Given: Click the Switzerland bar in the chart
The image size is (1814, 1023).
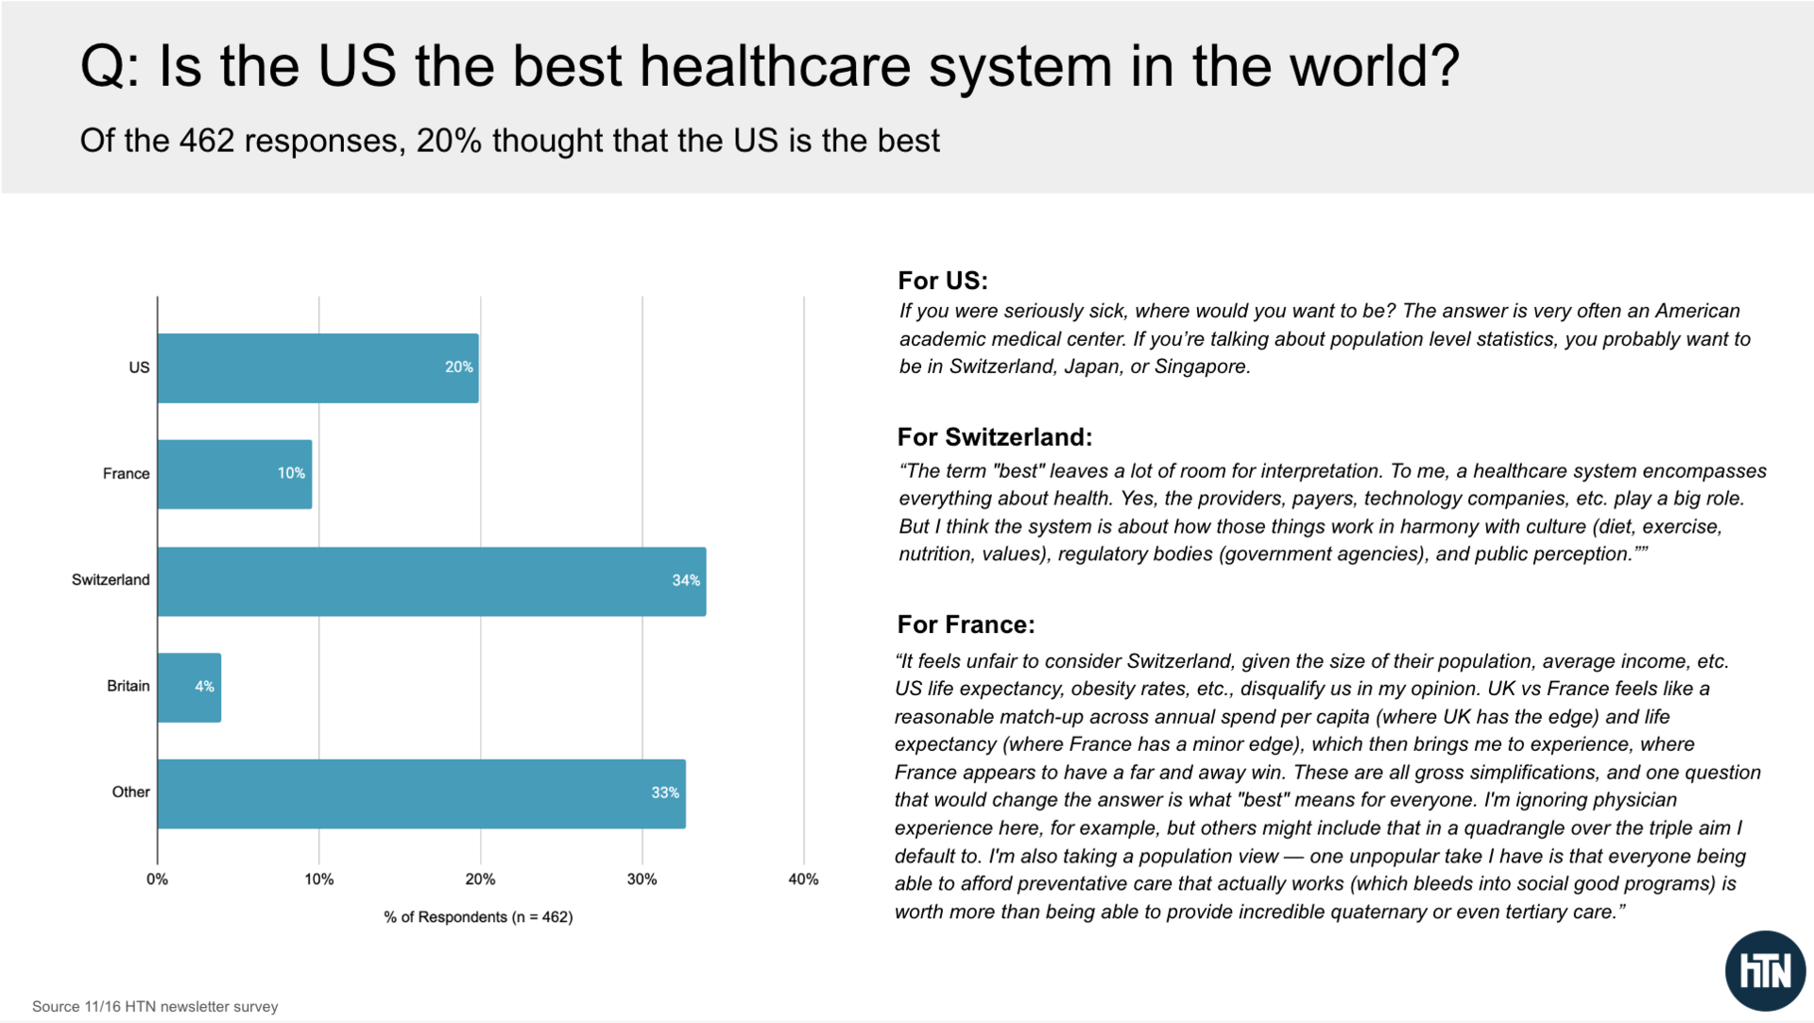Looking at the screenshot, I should tap(432, 582).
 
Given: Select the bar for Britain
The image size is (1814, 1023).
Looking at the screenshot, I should tap(189, 688).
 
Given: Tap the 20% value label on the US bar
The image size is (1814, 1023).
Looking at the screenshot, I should tap(458, 367).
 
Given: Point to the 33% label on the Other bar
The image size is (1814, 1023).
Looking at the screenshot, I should tap(664, 793).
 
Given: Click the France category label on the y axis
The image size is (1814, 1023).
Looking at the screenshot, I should tap(126, 474).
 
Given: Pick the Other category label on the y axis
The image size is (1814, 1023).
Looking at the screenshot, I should tap(130, 793).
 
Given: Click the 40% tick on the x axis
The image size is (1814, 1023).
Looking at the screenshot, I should tap(803, 879).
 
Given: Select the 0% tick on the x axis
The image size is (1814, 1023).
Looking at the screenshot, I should tap(157, 879).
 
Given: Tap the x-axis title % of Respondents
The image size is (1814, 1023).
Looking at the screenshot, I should tap(478, 917).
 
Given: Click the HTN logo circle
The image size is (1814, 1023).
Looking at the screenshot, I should tap(1764, 971).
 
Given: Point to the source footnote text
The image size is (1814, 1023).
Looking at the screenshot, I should tap(155, 1007).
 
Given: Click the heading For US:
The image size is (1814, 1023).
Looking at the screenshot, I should tap(942, 281).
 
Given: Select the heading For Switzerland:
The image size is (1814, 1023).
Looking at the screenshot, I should tap(994, 437).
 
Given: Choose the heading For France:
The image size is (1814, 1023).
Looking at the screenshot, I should tap(966, 624).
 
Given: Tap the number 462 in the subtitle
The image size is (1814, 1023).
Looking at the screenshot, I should tap(206, 142).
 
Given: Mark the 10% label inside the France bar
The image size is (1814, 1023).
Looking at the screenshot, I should tap(291, 473).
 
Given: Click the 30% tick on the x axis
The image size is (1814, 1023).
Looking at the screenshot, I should tap(642, 879).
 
